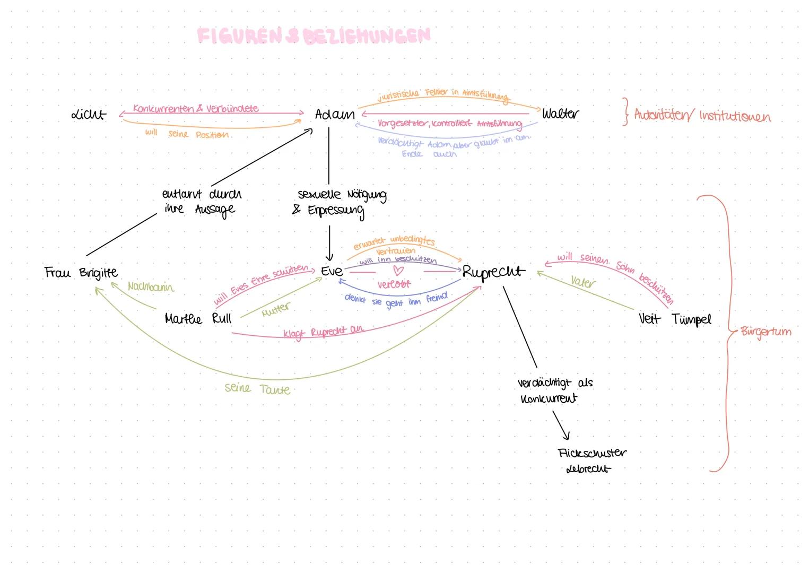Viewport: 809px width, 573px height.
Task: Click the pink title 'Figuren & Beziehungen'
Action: pos(313,36)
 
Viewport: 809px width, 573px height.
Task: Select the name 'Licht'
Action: pos(89,114)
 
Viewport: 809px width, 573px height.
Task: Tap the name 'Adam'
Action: pos(334,114)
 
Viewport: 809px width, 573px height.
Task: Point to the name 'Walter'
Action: pos(560,114)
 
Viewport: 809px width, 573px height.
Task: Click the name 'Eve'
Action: pos(332,271)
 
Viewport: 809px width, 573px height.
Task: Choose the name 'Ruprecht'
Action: pos(493,272)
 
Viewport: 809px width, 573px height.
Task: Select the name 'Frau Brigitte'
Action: pos(81,273)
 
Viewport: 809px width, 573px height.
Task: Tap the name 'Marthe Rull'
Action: pos(198,319)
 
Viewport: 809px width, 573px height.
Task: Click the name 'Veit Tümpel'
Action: pos(674,319)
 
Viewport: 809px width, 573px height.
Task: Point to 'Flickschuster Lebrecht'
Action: pos(591,461)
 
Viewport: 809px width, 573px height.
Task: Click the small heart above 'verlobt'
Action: pos(398,271)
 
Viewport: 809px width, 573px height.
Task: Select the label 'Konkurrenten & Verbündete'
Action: pos(195,108)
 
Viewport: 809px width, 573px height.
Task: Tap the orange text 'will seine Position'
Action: pos(187,134)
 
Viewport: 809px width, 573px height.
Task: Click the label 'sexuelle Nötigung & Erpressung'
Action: pos(340,202)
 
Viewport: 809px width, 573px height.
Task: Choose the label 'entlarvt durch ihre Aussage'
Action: pos(201,202)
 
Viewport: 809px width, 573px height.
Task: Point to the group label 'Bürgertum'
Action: pos(765,332)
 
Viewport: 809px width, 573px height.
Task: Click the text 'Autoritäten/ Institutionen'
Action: pos(702,116)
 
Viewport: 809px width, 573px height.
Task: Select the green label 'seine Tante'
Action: pos(257,388)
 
